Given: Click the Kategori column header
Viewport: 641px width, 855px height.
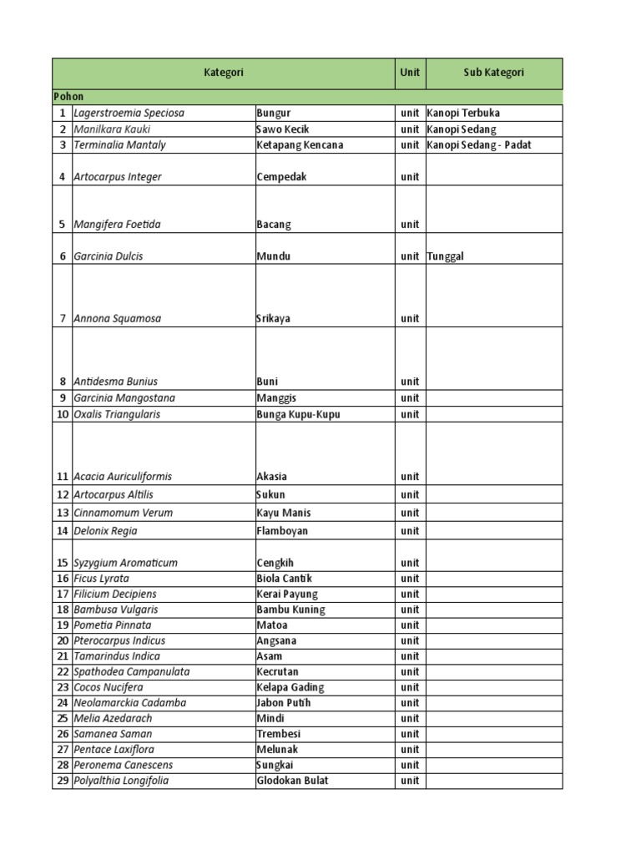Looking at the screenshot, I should coord(224,73).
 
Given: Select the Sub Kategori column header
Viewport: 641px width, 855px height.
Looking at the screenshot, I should coord(493,73).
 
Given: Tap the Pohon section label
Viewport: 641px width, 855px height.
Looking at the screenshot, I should coord(68,97).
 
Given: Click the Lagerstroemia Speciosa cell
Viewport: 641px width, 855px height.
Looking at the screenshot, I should coord(129,113).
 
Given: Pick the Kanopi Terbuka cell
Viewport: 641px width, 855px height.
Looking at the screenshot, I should coord(463,113).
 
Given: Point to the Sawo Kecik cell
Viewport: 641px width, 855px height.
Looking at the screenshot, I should coord(282,129).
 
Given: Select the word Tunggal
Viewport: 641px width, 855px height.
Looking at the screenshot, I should coord(445,256).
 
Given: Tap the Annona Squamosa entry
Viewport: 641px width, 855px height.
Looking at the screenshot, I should coord(118,318).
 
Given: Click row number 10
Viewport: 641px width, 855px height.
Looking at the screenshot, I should coord(62,414).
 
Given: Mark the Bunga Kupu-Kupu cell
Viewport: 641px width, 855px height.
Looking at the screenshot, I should coord(298,414).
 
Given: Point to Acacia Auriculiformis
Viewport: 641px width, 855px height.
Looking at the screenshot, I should coord(123,477).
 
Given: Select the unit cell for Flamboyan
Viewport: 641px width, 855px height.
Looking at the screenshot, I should coord(409,531).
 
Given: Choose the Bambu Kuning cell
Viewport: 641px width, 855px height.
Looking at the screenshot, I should coord(290,610).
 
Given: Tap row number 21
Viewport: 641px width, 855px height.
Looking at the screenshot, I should coord(62,656).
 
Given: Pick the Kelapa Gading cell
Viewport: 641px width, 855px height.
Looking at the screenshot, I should coord(290,687).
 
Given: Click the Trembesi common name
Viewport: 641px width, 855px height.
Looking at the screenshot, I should coord(278,734).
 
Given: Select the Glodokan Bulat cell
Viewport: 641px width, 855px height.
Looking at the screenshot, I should coord(292,781).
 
